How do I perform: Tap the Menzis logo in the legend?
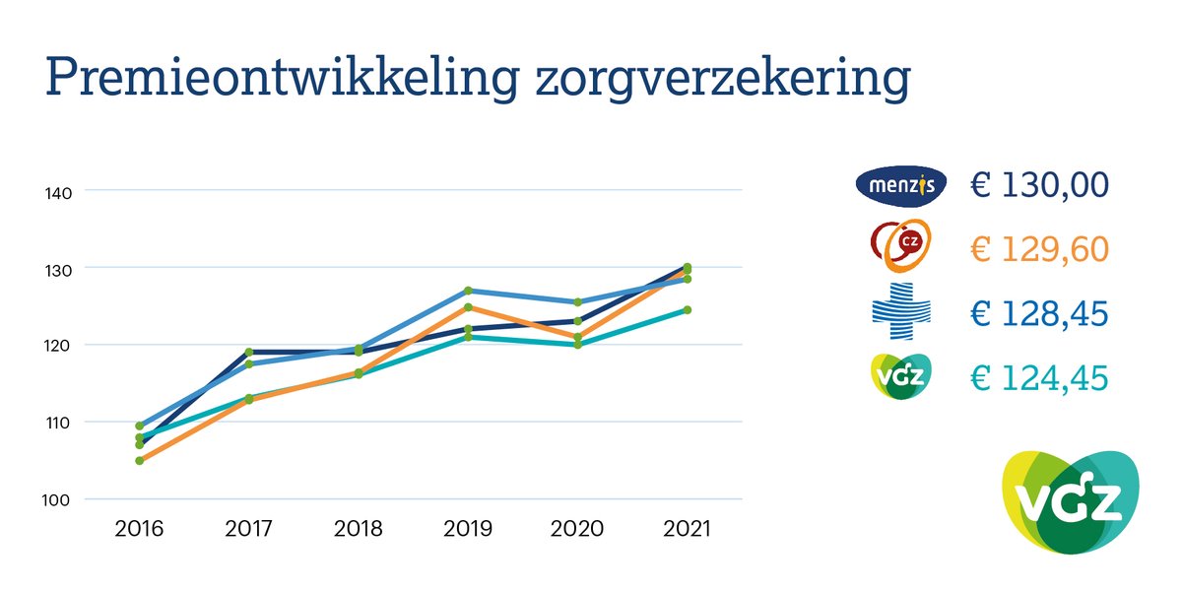click(900, 184)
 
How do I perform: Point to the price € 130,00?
click(1039, 184)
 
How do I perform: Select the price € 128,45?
click(1039, 313)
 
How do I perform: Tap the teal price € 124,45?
click(1039, 377)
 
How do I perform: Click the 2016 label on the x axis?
click(140, 529)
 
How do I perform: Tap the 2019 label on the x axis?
click(468, 529)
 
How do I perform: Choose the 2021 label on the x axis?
click(687, 529)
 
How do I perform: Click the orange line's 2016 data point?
click(140, 461)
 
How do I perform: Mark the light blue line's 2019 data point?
click(468, 291)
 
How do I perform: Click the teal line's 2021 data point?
click(687, 309)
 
